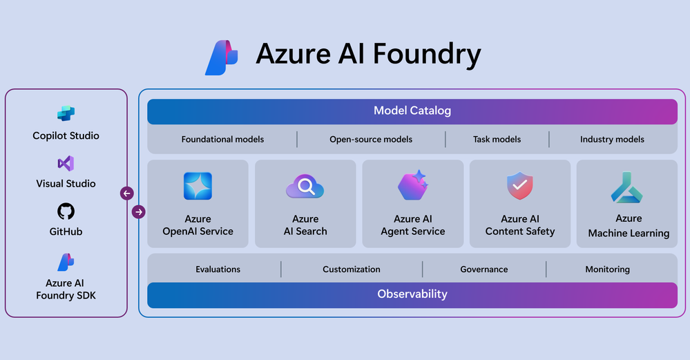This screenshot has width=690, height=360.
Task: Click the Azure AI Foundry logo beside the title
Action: coord(222,58)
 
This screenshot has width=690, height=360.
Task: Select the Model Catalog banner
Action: coord(412,111)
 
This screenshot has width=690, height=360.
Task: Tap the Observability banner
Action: coord(412,294)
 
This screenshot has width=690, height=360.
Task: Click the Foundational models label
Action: coord(222,140)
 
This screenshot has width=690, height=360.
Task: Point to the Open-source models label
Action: coord(371,140)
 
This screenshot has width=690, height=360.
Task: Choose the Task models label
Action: coord(497,140)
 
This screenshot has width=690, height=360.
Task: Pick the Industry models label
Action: coord(612,140)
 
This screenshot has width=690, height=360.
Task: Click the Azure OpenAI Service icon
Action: coord(198,186)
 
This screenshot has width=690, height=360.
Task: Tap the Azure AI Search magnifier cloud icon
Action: coord(305,187)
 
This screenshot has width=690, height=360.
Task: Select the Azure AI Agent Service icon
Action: coord(413,186)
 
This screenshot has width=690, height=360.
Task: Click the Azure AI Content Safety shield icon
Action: coord(520,186)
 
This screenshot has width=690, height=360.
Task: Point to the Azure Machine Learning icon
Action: coord(628,187)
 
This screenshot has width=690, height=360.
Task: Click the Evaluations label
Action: coord(218,269)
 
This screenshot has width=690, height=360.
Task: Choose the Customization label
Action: coord(352,269)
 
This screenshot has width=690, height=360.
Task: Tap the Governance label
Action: coord(484,269)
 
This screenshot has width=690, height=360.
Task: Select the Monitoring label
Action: coord(608,269)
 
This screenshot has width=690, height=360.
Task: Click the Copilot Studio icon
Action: coord(66,113)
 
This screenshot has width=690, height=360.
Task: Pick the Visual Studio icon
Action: coord(66,164)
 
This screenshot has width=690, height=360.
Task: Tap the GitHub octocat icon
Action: coord(66,211)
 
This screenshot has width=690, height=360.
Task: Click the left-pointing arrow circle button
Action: coord(127,193)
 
